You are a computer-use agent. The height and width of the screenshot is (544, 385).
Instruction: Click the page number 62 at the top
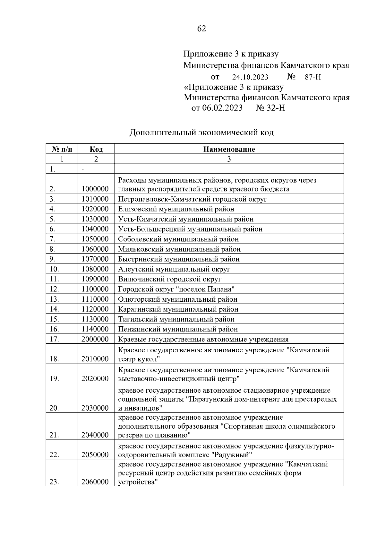coord(201,29)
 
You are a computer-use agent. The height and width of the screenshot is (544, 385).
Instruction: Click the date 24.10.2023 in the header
coord(250,77)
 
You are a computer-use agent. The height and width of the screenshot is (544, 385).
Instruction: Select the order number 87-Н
coord(313,77)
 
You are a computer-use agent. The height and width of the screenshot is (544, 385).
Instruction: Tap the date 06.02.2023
coord(222,108)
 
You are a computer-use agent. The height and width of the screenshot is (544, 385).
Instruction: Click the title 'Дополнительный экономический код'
coord(201,132)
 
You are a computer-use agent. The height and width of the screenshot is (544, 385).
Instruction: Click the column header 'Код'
coord(96,149)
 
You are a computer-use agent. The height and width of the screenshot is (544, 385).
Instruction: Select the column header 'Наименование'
coord(229,149)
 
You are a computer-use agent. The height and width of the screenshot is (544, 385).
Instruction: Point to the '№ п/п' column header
coord(62,149)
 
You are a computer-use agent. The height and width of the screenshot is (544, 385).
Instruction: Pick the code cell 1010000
coord(95,199)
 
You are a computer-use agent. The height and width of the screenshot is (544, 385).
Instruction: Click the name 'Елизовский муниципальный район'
coord(176,209)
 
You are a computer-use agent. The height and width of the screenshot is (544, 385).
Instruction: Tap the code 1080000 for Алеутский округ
coord(95,269)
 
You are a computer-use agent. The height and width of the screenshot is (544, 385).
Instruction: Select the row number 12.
coord(55,289)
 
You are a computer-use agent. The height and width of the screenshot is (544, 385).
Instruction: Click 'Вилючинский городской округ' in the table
coord(170,279)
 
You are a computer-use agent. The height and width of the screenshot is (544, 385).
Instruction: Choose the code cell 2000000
coord(95,339)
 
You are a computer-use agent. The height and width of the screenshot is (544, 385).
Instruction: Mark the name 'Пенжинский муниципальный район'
coord(178,329)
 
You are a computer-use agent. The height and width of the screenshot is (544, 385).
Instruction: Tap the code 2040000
coord(95,435)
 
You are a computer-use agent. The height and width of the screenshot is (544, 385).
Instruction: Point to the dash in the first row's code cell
coord(83,169)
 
